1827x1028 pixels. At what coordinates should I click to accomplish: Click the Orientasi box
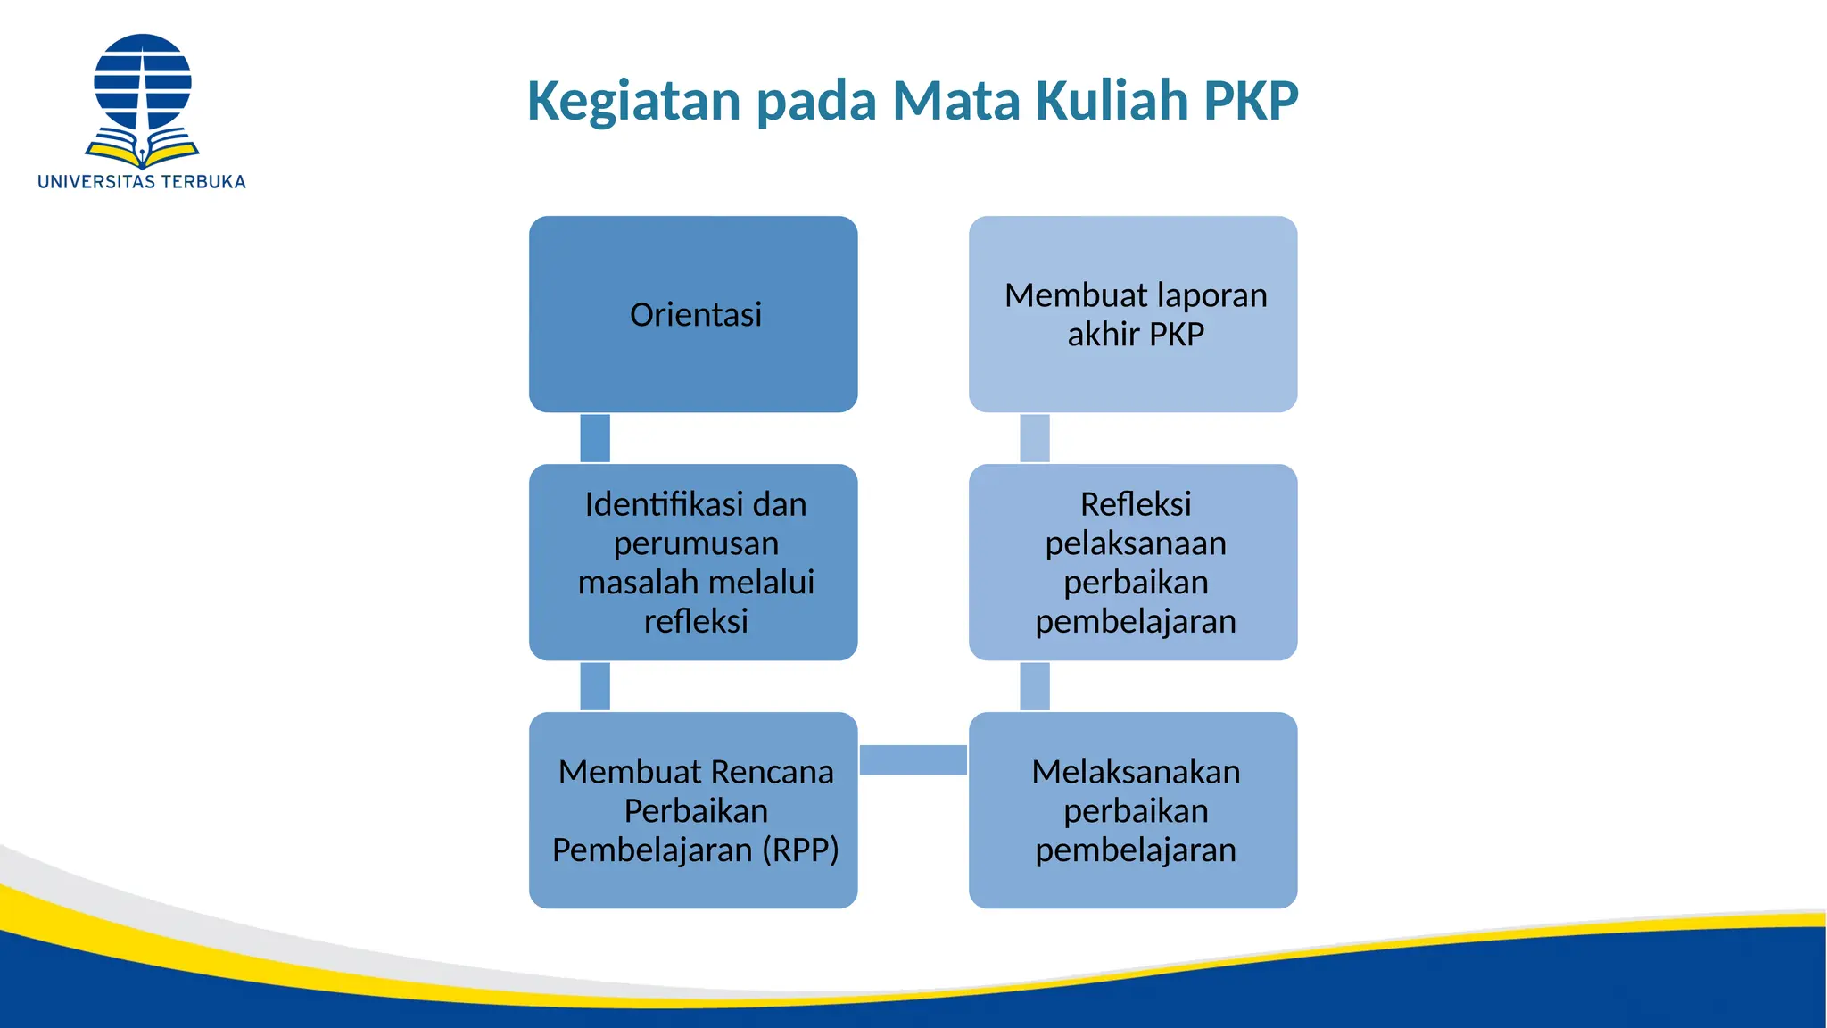coord(693,314)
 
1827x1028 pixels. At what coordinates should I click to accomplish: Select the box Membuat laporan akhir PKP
coord(1133,314)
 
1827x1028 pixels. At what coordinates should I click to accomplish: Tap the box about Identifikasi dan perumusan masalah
coord(693,562)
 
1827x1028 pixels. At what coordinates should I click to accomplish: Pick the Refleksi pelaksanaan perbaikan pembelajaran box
coord(1133,562)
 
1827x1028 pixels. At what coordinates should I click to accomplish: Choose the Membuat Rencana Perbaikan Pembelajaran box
coord(693,810)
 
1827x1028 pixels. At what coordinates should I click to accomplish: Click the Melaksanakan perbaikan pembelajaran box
coord(1133,810)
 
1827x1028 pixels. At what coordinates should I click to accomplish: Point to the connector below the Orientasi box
coord(595,438)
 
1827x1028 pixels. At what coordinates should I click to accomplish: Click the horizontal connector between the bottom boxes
coord(913,759)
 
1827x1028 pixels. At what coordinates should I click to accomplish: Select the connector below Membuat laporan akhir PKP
coord(1035,438)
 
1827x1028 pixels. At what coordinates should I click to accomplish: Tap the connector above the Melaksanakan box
coord(1035,686)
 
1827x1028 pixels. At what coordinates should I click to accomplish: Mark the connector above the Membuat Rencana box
coord(595,686)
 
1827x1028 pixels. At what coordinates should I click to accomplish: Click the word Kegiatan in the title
coord(633,101)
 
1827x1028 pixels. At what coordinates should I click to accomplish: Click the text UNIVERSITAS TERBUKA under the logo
coord(142,182)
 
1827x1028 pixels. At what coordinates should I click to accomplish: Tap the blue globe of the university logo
coord(143,80)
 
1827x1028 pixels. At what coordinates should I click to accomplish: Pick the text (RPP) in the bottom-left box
coord(800,850)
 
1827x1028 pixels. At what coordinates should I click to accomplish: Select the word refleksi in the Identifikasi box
coord(696,621)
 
